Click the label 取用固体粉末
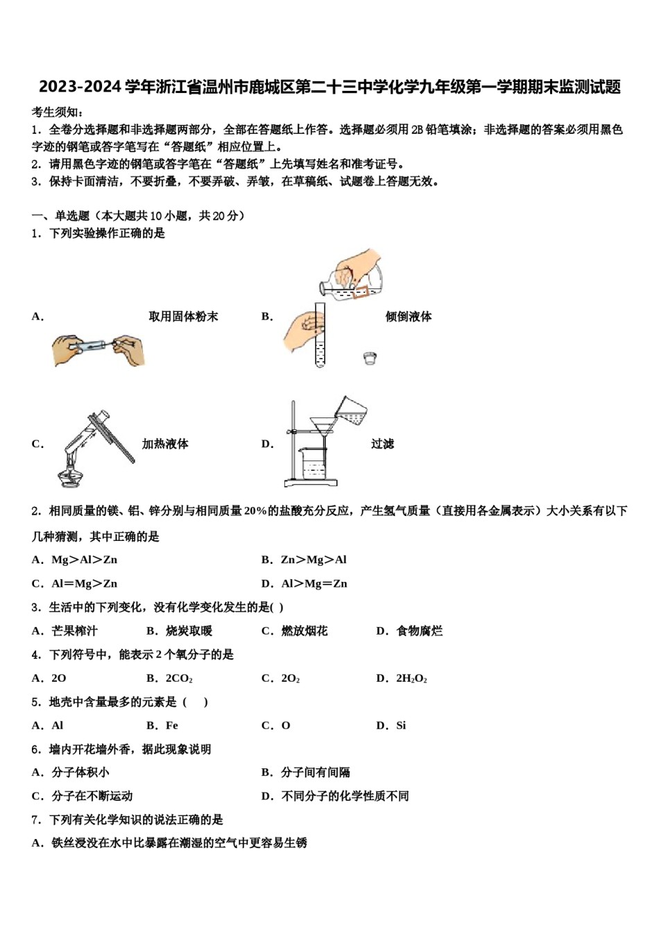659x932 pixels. (x=183, y=316)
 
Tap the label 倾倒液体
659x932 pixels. (x=409, y=316)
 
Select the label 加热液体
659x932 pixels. (x=165, y=444)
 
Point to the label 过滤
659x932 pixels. (x=382, y=444)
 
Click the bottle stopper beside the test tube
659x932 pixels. (x=370, y=358)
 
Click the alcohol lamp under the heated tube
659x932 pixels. (x=70, y=476)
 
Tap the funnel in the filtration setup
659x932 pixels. (x=320, y=425)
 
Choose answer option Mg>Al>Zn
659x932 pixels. (x=84, y=560)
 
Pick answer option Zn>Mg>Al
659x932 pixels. (x=314, y=560)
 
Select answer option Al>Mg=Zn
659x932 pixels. (x=314, y=583)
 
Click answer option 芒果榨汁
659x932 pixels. (x=74, y=631)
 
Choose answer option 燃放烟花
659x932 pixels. (x=304, y=631)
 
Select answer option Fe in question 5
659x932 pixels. (x=171, y=725)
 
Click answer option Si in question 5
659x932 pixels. (x=400, y=725)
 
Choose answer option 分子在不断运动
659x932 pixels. (x=92, y=796)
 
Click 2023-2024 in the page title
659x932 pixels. (x=79, y=87)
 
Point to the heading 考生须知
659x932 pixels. (x=58, y=112)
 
